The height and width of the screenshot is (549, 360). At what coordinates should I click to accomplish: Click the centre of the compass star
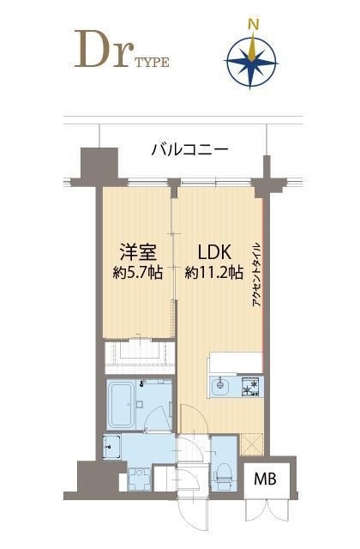click(x=253, y=60)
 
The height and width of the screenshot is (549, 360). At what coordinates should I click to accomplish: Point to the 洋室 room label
click(x=135, y=253)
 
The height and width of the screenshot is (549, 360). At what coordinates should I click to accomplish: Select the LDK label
click(x=213, y=253)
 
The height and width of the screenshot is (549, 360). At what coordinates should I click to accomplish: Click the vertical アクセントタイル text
click(x=256, y=279)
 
